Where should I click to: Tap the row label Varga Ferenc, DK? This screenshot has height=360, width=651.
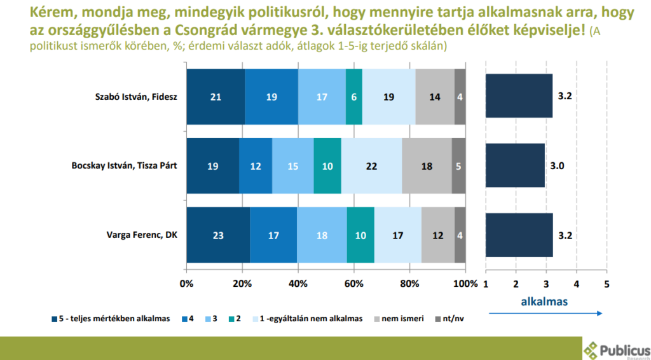(142, 235)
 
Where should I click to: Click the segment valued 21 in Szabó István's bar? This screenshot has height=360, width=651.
(216, 97)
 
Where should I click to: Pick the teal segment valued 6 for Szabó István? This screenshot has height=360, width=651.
(354, 97)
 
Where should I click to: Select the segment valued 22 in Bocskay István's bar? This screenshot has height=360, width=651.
(371, 166)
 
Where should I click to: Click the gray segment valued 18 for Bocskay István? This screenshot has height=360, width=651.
(427, 166)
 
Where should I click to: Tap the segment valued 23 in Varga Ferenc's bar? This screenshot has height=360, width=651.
(218, 235)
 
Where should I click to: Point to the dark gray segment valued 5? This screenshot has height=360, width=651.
(458, 166)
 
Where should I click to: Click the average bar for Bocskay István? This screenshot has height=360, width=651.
(516, 166)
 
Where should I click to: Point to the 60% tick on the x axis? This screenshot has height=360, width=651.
(354, 283)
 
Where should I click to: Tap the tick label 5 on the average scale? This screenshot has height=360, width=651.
(606, 283)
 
